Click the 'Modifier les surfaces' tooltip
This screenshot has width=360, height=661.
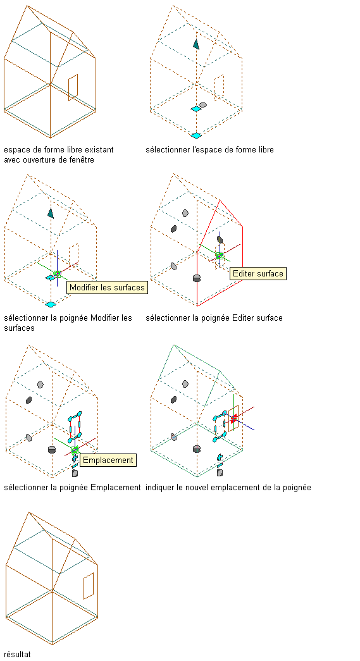(108, 288)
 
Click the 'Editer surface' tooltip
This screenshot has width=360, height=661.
(258, 274)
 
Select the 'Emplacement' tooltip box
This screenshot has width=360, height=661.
(108, 460)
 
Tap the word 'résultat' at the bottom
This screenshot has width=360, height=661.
(17, 654)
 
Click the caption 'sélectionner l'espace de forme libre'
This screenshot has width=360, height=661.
(209, 150)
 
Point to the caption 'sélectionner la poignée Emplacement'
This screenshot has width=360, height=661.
(72, 488)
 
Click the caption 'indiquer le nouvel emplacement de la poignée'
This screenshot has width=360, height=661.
(228, 488)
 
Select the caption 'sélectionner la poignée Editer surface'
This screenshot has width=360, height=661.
(214, 318)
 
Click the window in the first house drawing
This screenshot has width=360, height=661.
(73, 88)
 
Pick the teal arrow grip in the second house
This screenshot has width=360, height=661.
(196, 44)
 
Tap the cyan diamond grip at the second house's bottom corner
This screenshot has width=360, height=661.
(196, 135)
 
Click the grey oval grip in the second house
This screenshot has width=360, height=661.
(202, 104)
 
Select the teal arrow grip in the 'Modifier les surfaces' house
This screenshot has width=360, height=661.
(51, 213)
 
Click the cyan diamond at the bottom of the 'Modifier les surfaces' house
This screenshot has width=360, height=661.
(51, 304)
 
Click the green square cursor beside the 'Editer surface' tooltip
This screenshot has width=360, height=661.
(220, 256)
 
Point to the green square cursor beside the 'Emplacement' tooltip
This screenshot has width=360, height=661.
(75, 450)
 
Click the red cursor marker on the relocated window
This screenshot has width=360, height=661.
(233, 417)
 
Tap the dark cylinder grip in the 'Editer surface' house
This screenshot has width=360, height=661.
(196, 278)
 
